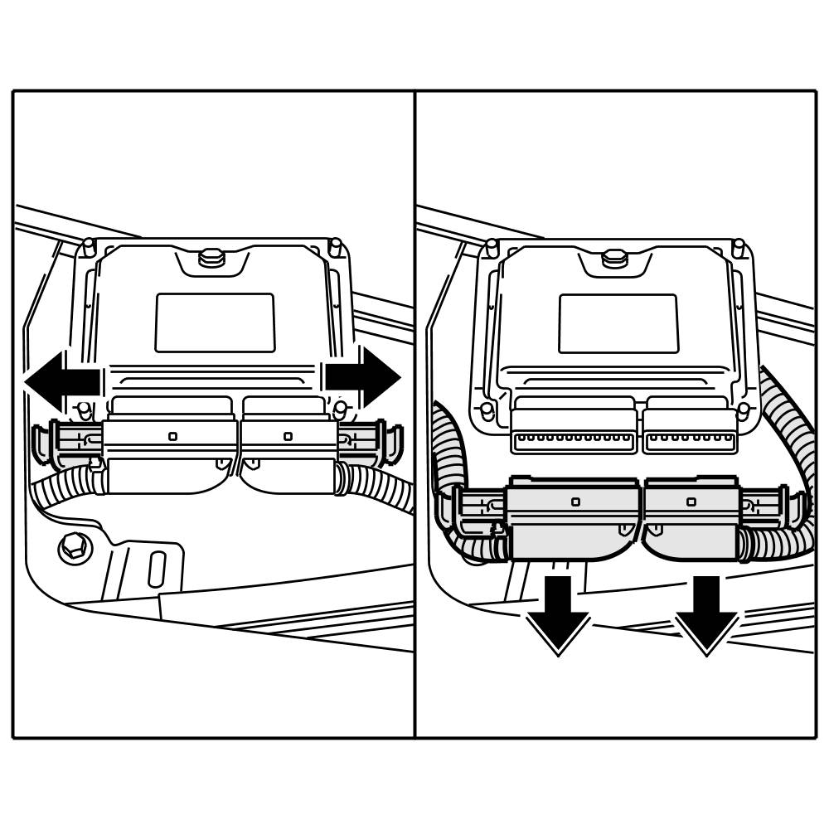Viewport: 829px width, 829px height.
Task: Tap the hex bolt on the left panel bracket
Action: [75, 546]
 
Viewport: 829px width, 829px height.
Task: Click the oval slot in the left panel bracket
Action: [157, 569]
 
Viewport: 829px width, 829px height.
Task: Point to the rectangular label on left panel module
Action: [215, 322]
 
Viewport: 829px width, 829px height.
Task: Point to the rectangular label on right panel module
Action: [618, 323]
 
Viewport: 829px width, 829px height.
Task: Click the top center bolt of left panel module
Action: [212, 257]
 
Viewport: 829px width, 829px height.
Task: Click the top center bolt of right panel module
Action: [614, 258]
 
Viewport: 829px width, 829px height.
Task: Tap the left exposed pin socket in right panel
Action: [574, 440]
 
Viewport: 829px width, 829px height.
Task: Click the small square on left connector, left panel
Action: [172, 436]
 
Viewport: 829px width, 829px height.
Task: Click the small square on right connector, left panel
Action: [288, 436]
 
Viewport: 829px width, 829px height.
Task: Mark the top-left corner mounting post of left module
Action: [89, 247]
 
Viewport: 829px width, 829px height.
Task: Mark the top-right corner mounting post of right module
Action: [738, 248]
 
